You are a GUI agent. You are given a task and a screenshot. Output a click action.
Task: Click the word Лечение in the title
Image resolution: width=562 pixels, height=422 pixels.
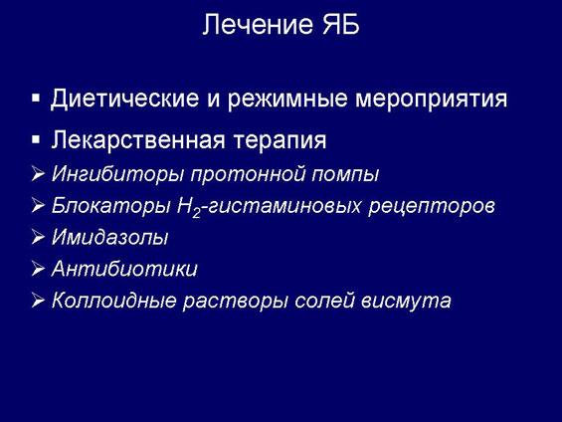(x=258, y=24)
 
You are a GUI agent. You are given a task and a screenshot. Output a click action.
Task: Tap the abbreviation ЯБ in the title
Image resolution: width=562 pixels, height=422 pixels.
(x=341, y=24)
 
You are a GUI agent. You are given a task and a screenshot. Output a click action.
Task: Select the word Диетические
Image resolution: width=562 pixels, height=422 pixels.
(x=124, y=99)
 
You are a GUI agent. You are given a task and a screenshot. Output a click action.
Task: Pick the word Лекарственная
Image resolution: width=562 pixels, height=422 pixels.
(x=138, y=139)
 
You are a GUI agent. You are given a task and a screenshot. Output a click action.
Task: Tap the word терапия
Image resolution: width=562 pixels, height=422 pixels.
(x=280, y=140)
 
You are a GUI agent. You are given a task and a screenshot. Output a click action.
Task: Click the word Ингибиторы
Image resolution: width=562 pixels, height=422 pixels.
(x=118, y=174)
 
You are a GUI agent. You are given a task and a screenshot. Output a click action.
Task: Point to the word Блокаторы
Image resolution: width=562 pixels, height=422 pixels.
(x=110, y=205)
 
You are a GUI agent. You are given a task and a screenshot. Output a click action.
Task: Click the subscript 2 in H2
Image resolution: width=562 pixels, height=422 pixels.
(x=196, y=213)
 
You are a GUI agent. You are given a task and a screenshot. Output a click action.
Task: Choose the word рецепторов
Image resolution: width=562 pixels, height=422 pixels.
(x=431, y=207)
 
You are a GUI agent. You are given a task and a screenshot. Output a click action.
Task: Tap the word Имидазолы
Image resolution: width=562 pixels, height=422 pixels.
(x=109, y=237)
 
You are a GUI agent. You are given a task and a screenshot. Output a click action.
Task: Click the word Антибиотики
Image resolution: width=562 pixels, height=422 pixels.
(x=124, y=268)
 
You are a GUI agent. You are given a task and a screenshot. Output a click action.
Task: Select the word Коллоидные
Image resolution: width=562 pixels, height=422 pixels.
(x=113, y=301)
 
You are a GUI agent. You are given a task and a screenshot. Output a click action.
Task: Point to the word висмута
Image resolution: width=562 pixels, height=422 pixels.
(x=406, y=302)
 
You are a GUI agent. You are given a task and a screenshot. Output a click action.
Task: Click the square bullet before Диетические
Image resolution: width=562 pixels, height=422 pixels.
(x=36, y=99)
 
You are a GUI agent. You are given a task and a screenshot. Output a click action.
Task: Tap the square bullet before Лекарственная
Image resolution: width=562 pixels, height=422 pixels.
(x=36, y=139)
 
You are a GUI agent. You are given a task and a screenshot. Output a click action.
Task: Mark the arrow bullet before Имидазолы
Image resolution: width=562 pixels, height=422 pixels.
(x=38, y=237)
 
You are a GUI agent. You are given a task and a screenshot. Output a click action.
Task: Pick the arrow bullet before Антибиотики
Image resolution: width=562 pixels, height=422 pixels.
(x=38, y=269)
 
